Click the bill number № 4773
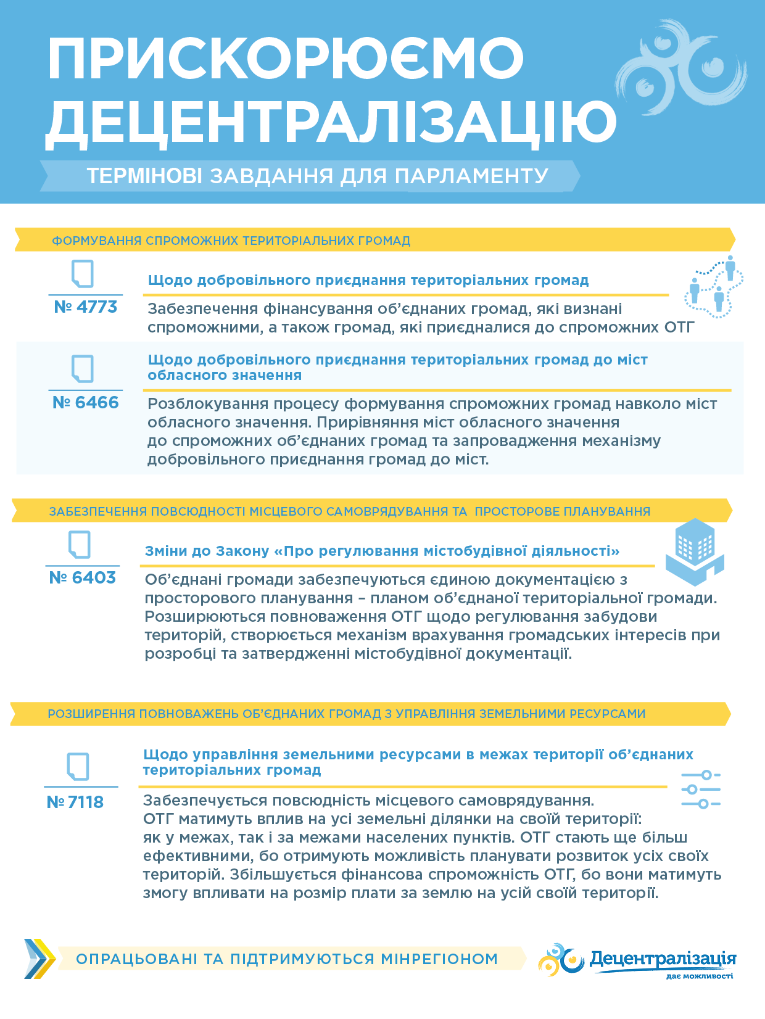pyautogui.click(x=85, y=307)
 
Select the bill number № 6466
pyautogui.click(x=85, y=402)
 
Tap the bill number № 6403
pyautogui.click(x=82, y=577)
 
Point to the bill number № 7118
pyautogui.click(x=75, y=802)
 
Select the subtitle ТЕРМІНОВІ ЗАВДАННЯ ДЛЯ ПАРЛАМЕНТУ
pyautogui.click(x=317, y=176)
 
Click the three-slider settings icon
pyautogui.click(x=701, y=790)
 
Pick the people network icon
pyautogui.click(x=714, y=287)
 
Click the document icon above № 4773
pyautogui.click(x=83, y=273)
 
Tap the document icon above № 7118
pyautogui.click(x=78, y=767)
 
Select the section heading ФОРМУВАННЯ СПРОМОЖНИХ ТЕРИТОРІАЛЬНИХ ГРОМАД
pyautogui.click(x=231, y=241)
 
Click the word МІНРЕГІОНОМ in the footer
pyautogui.click(x=439, y=959)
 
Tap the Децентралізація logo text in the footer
pyautogui.click(x=663, y=959)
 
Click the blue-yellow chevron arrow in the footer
pyautogui.click(x=39, y=959)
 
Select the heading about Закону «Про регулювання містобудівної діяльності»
pyautogui.click(x=382, y=551)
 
